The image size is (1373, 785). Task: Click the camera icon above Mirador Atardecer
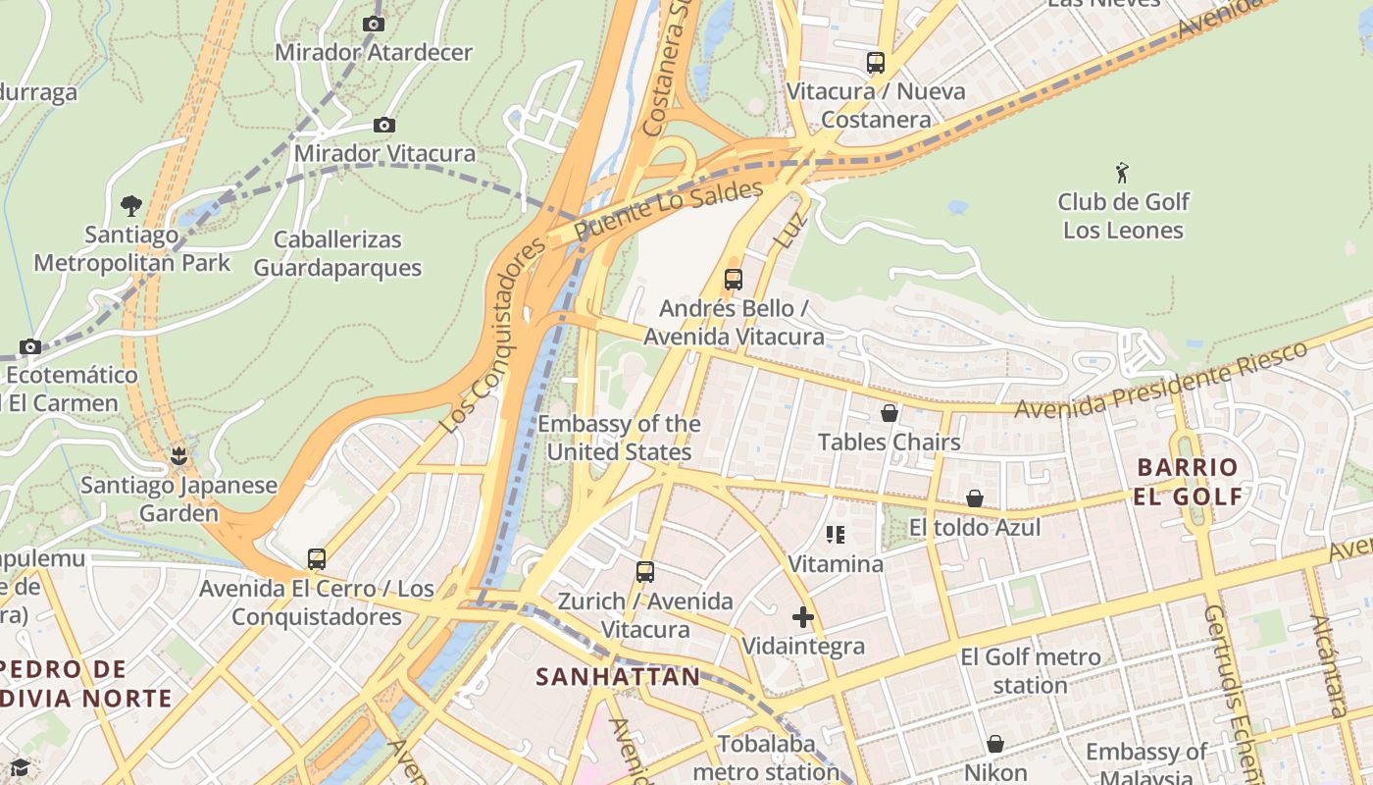(373, 24)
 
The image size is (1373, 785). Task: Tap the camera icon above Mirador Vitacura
(384, 125)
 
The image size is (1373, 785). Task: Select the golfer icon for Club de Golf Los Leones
(1122, 174)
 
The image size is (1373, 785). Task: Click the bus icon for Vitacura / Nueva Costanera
(876, 63)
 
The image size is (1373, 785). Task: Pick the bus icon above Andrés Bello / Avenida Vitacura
(733, 279)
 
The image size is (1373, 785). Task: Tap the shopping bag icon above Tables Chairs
(890, 413)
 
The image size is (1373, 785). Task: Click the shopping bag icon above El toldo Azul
(975, 498)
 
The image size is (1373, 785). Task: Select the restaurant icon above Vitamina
(836, 535)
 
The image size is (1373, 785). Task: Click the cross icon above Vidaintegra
(803, 617)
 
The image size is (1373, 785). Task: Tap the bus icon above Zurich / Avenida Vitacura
(644, 571)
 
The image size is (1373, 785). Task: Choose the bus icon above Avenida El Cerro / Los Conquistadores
(316, 559)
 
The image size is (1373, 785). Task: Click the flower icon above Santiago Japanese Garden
(178, 455)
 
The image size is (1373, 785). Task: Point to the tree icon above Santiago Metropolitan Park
(130, 205)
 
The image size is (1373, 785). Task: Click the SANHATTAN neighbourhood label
(618, 676)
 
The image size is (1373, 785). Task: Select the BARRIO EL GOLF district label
(1188, 481)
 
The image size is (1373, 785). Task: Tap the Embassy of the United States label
(619, 438)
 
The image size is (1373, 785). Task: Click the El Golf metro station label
(1030, 670)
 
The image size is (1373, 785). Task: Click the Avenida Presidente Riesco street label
(1161, 380)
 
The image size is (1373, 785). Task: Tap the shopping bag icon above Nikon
(995, 744)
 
